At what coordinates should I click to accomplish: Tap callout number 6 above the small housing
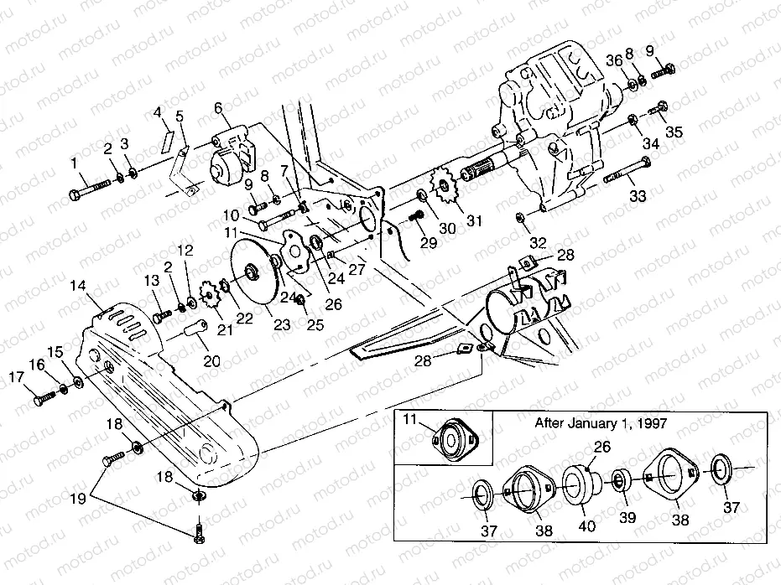[218, 107]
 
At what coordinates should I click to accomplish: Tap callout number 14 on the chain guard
[78, 286]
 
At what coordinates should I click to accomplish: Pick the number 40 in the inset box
[588, 525]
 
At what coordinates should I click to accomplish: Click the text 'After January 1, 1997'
[601, 423]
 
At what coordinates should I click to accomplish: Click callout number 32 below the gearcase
[538, 242]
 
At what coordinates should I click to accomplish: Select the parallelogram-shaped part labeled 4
[168, 135]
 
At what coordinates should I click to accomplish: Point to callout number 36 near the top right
[615, 60]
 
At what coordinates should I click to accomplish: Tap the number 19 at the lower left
[78, 499]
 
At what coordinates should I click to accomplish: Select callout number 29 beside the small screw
[429, 242]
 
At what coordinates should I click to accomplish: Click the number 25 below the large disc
[315, 325]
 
